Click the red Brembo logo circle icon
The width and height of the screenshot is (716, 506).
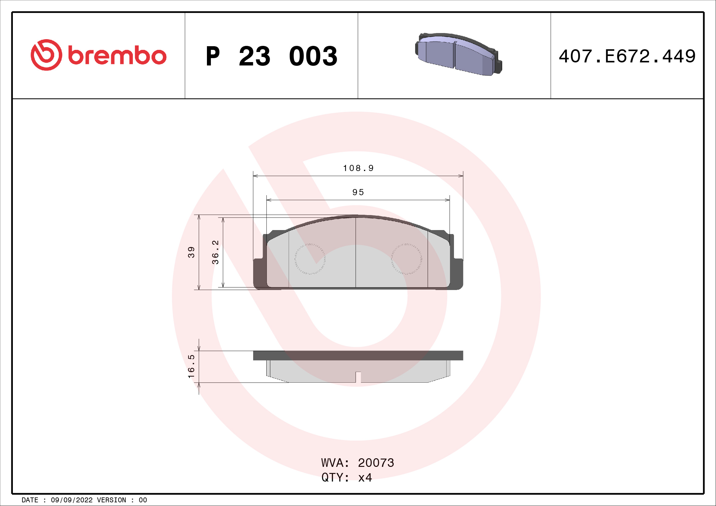coord(47,55)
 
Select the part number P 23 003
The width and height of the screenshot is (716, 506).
coord(272,56)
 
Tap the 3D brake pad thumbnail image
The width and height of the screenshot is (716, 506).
coord(459,54)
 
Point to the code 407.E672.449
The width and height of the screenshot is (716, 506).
coord(627,56)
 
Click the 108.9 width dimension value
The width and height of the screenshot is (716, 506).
coord(358,168)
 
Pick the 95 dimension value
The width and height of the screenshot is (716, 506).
coord(358,192)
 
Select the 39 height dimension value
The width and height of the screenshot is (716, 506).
coord(191,252)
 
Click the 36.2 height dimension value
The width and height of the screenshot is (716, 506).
coord(215,252)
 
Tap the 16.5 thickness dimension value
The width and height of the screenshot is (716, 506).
coord(191,366)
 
